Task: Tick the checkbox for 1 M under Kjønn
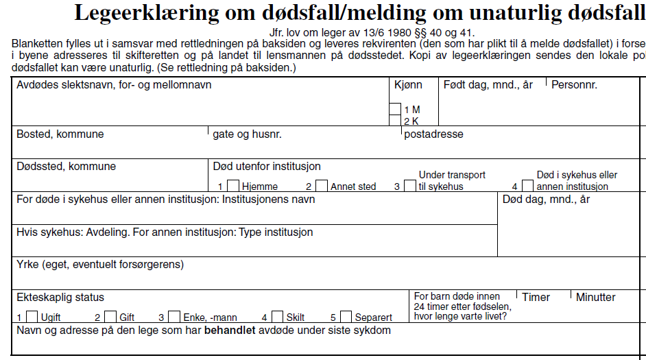click(x=395, y=109)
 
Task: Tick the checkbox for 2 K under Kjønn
click(x=395, y=121)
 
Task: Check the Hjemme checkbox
click(x=233, y=186)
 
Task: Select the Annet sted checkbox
click(x=322, y=186)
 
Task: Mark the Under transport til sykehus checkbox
click(x=410, y=186)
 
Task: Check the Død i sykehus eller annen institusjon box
click(x=527, y=186)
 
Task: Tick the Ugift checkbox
click(x=32, y=317)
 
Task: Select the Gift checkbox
click(x=110, y=317)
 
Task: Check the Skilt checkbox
click(x=277, y=317)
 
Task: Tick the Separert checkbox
click(x=346, y=317)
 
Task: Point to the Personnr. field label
click(x=574, y=86)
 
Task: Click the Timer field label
click(x=536, y=298)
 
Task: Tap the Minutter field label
click(x=595, y=298)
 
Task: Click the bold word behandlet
click(x=230, y=331)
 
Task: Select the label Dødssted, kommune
click(x=66, y=167)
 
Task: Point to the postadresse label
click(x=433, y=134)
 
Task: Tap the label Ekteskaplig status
click(x=60, y=298)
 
